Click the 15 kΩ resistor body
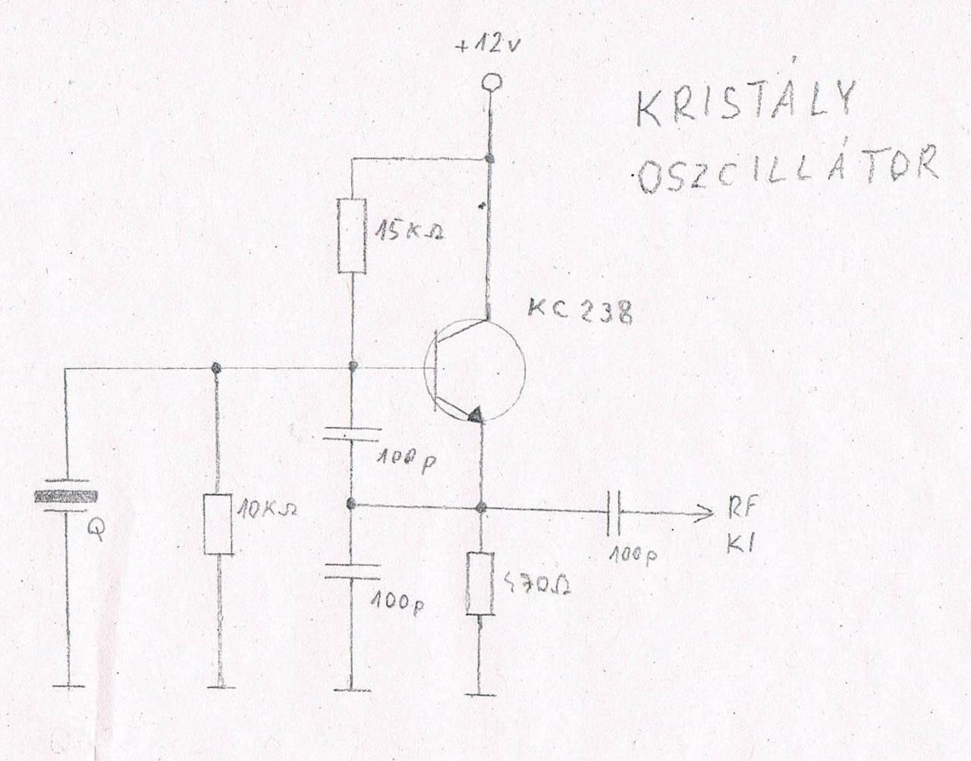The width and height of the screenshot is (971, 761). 353,235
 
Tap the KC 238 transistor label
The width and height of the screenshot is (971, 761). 581,312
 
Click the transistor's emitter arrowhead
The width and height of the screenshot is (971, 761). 474,414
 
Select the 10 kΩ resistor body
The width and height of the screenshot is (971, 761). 218,524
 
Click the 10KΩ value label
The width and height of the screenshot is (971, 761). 266,508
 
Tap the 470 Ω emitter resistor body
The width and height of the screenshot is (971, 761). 480,584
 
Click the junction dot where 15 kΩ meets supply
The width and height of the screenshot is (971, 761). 490,159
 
